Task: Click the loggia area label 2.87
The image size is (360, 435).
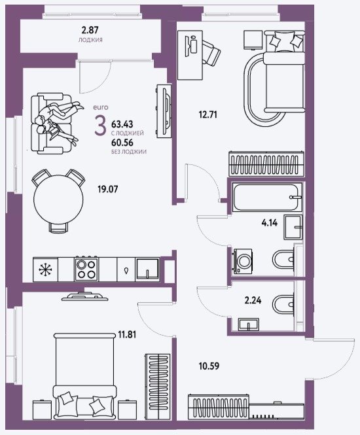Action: pos(90,30)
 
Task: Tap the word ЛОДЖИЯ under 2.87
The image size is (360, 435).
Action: pos(90,40)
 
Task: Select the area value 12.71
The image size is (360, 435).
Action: pos(208,114)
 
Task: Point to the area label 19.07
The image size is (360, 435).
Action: pos(108,189)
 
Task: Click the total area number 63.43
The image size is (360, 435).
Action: pos(122,124)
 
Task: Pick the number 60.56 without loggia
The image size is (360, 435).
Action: pos(122,143)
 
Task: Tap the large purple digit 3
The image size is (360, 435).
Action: pos(100,126)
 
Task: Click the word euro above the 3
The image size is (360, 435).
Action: pos(101,107)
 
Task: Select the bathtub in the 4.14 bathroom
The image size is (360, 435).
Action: pos(267,198)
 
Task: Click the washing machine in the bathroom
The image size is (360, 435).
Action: pos(243,262)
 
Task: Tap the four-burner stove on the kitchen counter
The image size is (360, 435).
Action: pos(86,269)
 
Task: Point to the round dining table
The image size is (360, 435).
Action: pos(58,199)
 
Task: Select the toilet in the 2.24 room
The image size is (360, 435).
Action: pos(283,304)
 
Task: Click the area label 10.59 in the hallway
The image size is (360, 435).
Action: pos(209,366)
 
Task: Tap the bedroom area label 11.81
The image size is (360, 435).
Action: pos(127,334)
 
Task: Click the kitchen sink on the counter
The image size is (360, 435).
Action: pos(147,269)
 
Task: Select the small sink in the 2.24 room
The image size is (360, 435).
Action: pos(249,324)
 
